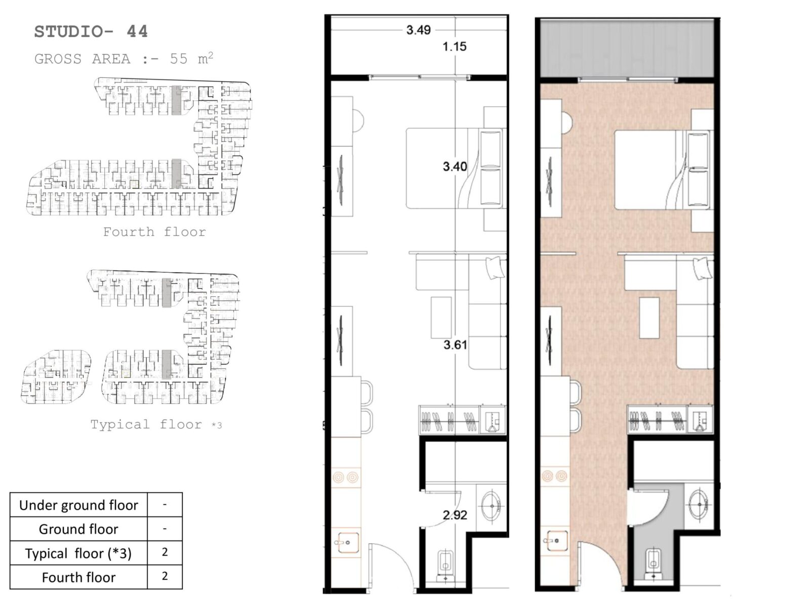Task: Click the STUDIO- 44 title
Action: [x=91, y=32]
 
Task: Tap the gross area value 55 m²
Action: [x=191, y=58]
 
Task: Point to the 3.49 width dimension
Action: [x=419, y=30]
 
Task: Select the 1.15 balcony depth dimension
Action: [x=454, y=47]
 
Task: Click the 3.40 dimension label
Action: [x=455, y=166]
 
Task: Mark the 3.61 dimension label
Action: [x=455, y=345]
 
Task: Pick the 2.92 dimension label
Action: [x=455, y=515]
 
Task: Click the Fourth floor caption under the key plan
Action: [x=154, y=232]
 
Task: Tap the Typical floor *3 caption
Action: [x=156, y=424]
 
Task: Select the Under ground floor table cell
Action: [x=78, y=505]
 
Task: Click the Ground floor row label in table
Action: [x=78, y=529]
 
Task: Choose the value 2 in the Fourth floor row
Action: [x=165, y=576]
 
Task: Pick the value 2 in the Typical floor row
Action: [x=165, y=552]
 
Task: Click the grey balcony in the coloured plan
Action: [x=627, y=48]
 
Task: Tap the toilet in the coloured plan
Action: [x=653, y=565]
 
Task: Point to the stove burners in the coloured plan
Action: [x=555, y=476]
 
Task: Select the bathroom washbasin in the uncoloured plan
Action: [x=492, y=506]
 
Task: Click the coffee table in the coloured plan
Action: [x=649, y=318]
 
